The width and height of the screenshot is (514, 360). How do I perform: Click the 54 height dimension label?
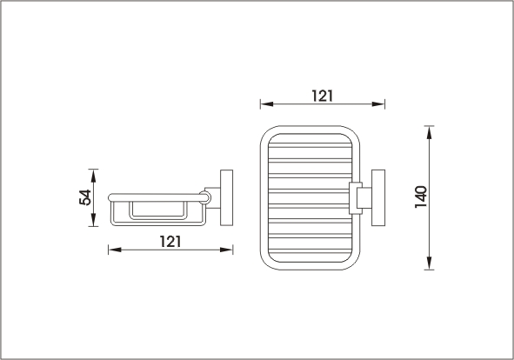[x=85, y=197]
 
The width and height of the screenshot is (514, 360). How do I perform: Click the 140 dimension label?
[x=421, y=197]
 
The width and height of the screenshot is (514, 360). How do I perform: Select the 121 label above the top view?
[x=322, y=96]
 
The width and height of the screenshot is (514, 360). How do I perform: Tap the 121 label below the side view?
[x=170, y=242]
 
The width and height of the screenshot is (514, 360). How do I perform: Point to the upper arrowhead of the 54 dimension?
[x=93, y=176]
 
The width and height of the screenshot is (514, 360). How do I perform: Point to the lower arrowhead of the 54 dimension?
[x=93, y=220]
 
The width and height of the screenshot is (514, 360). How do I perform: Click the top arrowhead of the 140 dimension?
[x=429, y=132]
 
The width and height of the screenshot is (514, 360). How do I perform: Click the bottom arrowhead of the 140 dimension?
[x=429, y=263]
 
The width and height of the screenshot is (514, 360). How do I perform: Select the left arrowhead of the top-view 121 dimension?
[x=267, y=104]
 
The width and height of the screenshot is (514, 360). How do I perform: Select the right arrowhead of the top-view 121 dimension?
[x=378, y=104]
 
